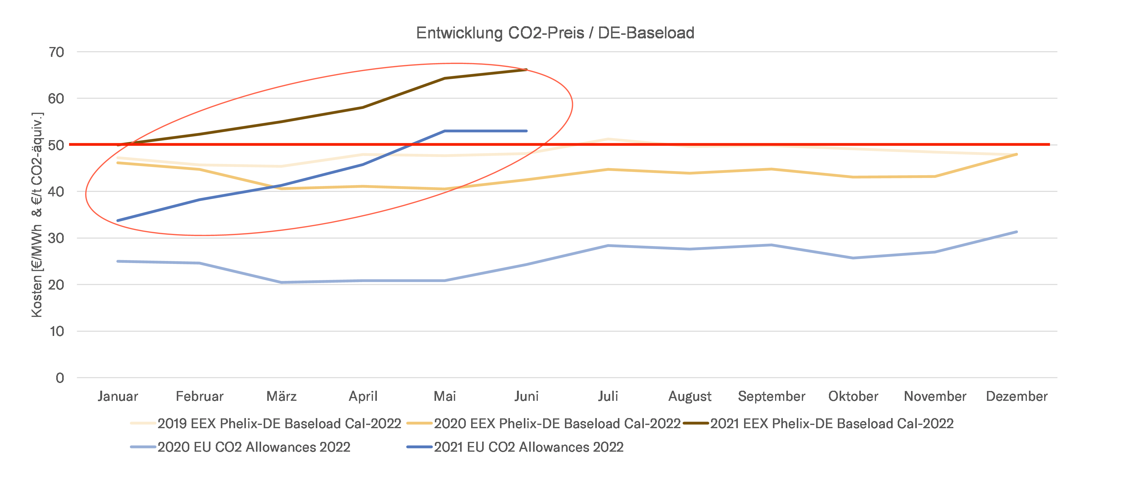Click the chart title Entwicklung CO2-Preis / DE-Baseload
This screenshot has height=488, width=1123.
pos(555,33)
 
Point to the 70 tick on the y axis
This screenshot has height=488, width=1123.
pos(57,52)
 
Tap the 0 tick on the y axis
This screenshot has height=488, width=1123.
pos(60,378)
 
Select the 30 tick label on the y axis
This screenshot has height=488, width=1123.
pos(57,238)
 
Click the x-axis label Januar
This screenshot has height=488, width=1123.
pos(118,396)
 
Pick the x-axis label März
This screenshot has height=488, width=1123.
pos(281,396)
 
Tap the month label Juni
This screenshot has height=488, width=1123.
pos(527,396)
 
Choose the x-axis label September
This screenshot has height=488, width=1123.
pos(771,396)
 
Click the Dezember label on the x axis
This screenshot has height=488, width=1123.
pos(1017,396)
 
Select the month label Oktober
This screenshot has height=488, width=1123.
pos(853,396)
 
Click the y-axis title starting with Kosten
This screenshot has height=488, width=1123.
pos(37,215)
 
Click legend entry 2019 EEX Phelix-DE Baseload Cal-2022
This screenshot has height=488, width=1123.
pos(279,423)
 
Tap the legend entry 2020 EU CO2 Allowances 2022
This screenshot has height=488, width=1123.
pos(254,447)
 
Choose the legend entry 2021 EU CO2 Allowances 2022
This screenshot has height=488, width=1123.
pos(528,447)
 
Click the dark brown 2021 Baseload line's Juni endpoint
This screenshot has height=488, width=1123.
pos(526,70)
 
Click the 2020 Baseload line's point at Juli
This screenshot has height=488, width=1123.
pos(608,170)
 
